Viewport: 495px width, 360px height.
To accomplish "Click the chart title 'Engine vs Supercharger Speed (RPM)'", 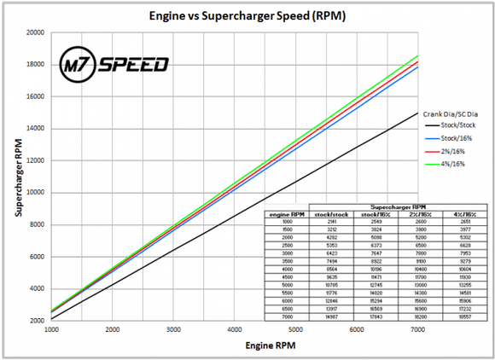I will (x=247, y=15).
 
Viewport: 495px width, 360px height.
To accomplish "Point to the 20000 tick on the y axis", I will (x=35, y=32).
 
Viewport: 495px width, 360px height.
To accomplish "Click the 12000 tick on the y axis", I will (x=35, y=160).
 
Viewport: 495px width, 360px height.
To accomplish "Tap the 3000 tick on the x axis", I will (x=173, y=329).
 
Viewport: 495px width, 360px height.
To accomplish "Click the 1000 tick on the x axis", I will (x=51, y=329).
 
